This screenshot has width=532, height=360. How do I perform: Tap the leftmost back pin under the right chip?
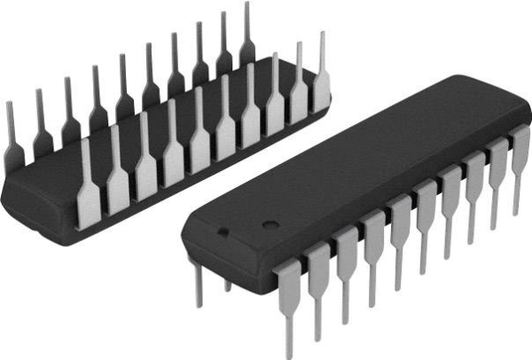(198, 284)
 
